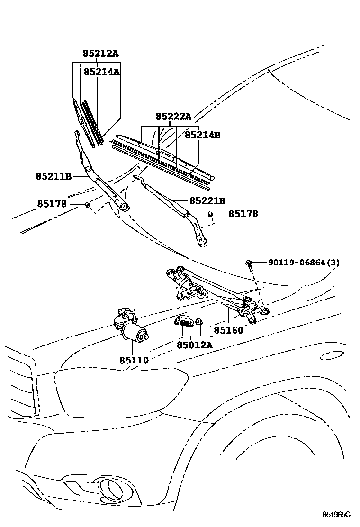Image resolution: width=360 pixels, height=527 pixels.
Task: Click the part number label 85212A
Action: pos(100,54)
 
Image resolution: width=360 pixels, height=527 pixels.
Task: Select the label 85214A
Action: pos(101,72)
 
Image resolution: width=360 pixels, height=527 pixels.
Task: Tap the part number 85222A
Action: pos(173,117)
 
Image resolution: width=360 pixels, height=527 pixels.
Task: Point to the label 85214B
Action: pos(202,135)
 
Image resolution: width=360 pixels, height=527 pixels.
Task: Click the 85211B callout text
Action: pos(54,176)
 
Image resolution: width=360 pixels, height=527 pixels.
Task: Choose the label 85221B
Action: pos(207,201)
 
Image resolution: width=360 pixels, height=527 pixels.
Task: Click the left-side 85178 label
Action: pos(52,204)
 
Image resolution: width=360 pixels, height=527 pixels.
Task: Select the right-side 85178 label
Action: pos(243,214)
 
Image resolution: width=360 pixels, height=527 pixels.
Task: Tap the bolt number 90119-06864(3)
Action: pos(304,263)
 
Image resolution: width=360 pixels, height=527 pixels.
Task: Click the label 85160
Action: pos(228,330)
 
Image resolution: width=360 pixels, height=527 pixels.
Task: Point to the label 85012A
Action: pos(194,345)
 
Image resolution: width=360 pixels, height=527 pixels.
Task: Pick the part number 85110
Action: pos(134,360)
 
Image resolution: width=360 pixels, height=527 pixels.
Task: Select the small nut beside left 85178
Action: pos(87,204)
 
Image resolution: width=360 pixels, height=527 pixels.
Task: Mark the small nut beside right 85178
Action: pos(210,214)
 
